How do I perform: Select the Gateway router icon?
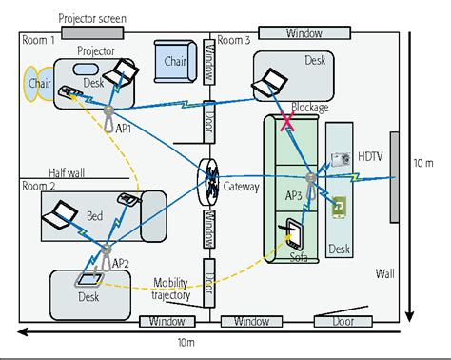210,177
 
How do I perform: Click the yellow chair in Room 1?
38,82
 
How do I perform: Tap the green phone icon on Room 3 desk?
338,205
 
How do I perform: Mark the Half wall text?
44,165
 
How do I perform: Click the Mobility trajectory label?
170,289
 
